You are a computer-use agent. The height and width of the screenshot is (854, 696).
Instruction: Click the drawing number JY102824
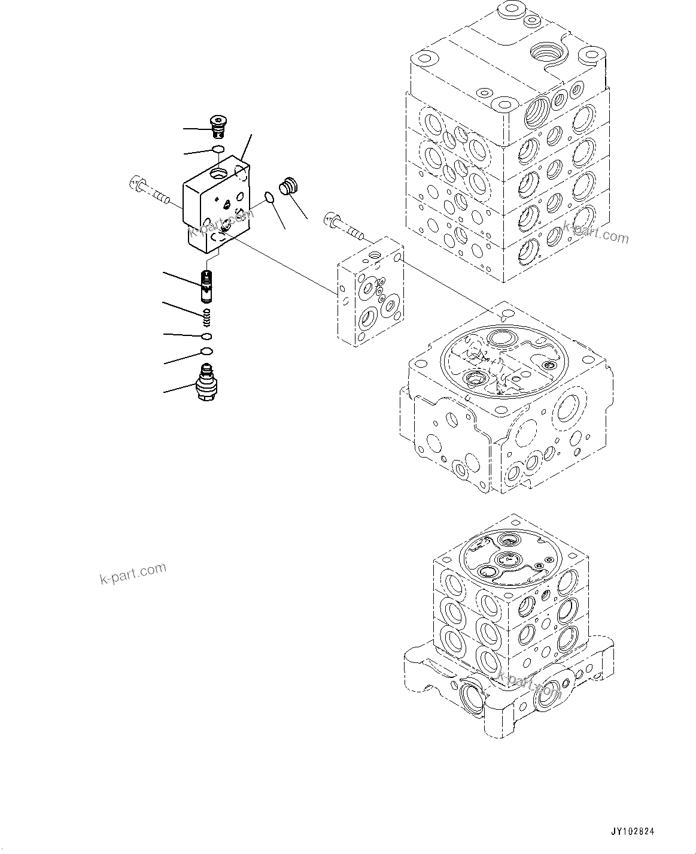pyautogui.click(x=633, y=832)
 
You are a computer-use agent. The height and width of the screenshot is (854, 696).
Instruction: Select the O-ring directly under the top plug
pyautogui.click(x=218, y=149)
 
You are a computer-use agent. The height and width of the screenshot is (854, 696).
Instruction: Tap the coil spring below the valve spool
pyautogui.click(x=206, y=313)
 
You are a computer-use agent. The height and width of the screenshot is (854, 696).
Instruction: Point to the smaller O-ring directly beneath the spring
pyautogui.click(x=206, y=335)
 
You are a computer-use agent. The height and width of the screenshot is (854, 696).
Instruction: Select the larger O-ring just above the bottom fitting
pyautogui.click(x=206, y=351)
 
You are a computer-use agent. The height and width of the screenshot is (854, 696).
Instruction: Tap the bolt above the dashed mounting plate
pyautogui.click(x=343, y=224)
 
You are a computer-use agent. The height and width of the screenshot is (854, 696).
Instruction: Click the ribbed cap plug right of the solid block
pyautogui.click(x=290, y=185)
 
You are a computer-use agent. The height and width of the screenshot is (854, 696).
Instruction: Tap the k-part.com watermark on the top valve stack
pyautogui.click(x=595, y=232)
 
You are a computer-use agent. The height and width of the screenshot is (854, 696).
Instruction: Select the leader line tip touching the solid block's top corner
pyautogui.click(x=243, y=160)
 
